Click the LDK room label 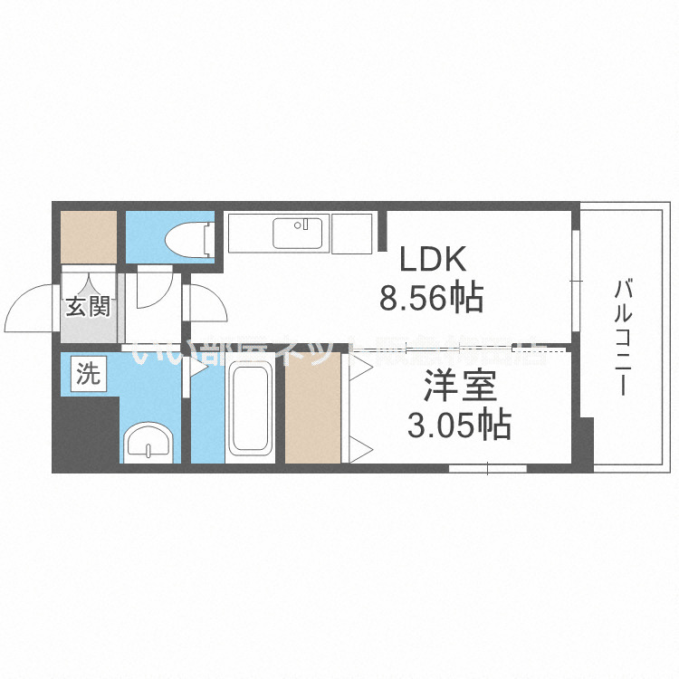click(433, 261)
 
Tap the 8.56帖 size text click(431, 298)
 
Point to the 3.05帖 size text click(458, 425)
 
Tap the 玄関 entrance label click(87, 306)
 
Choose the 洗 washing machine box click(87, 374)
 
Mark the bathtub click(251, 408)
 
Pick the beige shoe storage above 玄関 click(89, 237)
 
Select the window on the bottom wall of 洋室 click(488, 468)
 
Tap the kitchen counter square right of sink click(352, 233)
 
